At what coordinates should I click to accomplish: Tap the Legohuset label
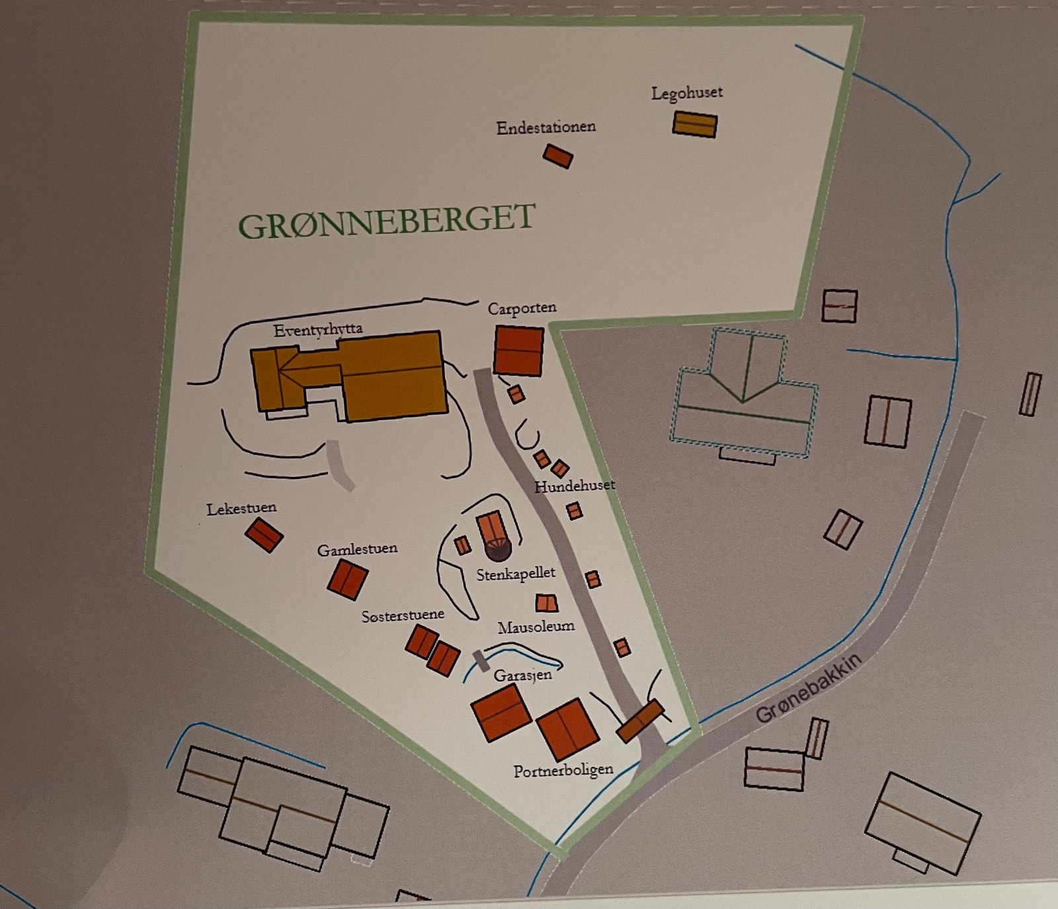686,93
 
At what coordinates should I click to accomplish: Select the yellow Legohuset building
694,124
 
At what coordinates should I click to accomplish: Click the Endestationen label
546,127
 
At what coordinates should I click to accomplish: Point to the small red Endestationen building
557,156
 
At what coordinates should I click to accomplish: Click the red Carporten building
518,351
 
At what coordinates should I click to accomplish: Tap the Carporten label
522,308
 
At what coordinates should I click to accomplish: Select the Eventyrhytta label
317,329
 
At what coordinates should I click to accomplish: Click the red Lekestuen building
264,535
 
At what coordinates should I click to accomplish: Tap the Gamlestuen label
357,550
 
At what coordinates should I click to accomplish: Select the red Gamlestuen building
347,580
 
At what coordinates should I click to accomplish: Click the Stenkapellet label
516,574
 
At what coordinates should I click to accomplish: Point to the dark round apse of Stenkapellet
497,548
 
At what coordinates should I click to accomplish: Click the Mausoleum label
536,627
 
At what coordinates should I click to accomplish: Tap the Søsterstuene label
403,616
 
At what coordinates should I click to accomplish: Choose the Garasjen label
522,675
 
